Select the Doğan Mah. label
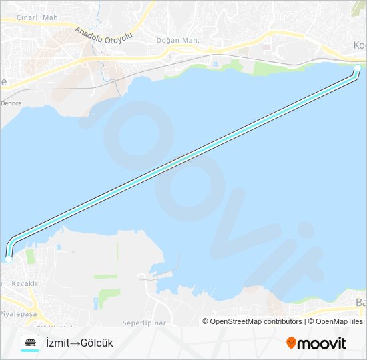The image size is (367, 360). coord(177,41)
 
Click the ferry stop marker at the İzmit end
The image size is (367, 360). coord(357,69)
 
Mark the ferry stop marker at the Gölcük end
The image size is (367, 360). coord(9,259)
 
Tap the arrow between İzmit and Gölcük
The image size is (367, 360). coord(75,343)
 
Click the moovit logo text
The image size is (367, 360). coord(322,343)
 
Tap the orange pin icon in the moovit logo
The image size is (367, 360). coord(291,343)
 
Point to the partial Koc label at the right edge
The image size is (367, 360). coord(360,45)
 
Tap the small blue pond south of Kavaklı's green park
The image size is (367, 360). coord(98,303)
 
